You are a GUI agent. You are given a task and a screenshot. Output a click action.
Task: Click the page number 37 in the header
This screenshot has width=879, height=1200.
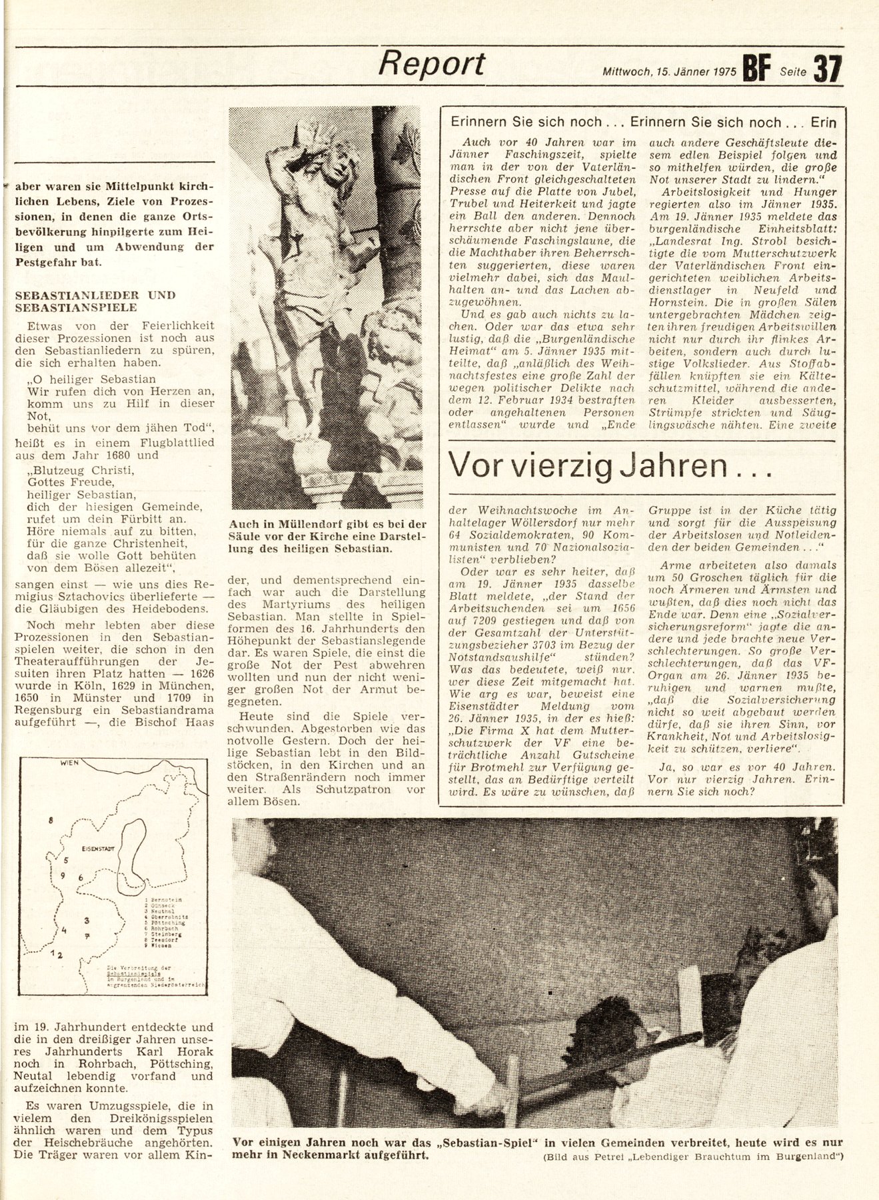pos(828,68)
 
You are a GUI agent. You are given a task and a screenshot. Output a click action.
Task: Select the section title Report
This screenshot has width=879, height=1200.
pos(431,65)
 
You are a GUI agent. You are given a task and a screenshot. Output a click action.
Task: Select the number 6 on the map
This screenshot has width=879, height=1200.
pos(81,877)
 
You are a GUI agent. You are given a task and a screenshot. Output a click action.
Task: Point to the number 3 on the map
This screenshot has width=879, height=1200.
pos(87,921)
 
